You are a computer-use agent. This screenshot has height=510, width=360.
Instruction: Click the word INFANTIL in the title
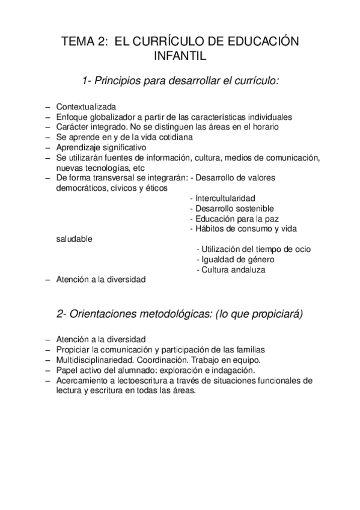click(x=180, y=57)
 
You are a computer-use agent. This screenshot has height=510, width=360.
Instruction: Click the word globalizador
click(x=112, y=117)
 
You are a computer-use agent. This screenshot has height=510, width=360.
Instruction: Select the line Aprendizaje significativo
click(x=100, y=147)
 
